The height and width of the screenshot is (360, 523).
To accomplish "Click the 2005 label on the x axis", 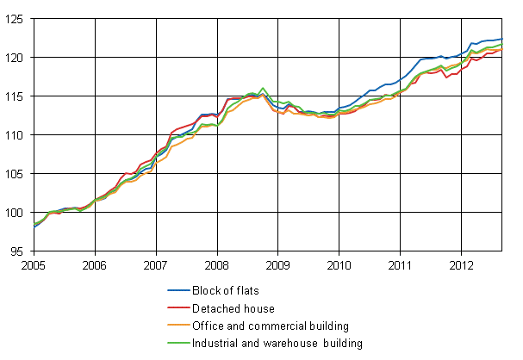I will click(x=33, y=264).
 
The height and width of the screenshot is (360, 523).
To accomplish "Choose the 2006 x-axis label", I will click(x=94, y=264).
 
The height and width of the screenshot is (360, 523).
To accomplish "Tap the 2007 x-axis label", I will click(x=155, y=264).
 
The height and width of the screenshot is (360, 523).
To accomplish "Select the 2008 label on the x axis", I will click(x=216, y=264).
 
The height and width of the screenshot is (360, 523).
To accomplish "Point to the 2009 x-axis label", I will click(x=277, y=264).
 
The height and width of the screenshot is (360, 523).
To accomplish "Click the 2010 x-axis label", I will click(x=339, y=264).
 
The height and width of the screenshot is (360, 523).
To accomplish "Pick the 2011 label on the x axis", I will click(x=400, y=264).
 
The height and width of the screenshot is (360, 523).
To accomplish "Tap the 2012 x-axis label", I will click(x=461, y=264).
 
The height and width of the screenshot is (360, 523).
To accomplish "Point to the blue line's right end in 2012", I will click(x=502, y=39).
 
